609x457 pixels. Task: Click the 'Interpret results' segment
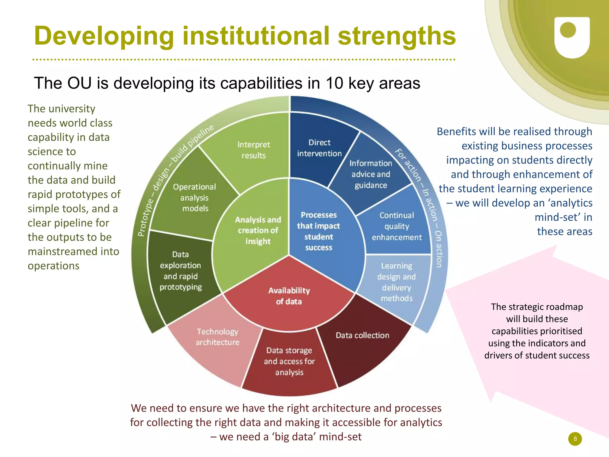pos(253,150)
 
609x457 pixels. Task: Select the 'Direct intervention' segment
pos(319,148)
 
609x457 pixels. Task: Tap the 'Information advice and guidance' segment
pos(371,174)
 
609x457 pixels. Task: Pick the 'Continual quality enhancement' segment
pos(397,226)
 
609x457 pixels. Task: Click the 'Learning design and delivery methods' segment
pos(396,282)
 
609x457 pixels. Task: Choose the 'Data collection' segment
pos(362,335)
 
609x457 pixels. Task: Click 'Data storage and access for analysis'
pos(289,361)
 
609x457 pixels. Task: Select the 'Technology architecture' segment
pos(217,337)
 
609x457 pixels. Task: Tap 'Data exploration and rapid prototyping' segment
pos(180,271)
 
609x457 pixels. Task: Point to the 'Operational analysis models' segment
pos(194,198)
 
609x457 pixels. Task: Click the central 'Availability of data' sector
pos(289,296)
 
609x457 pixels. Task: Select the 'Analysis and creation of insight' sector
pos(258,230)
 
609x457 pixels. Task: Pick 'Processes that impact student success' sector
pos(318,231)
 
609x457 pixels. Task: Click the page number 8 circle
pos(575,439)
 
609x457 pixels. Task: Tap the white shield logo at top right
pos(572,37)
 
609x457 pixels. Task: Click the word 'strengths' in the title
pos(397,36)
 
